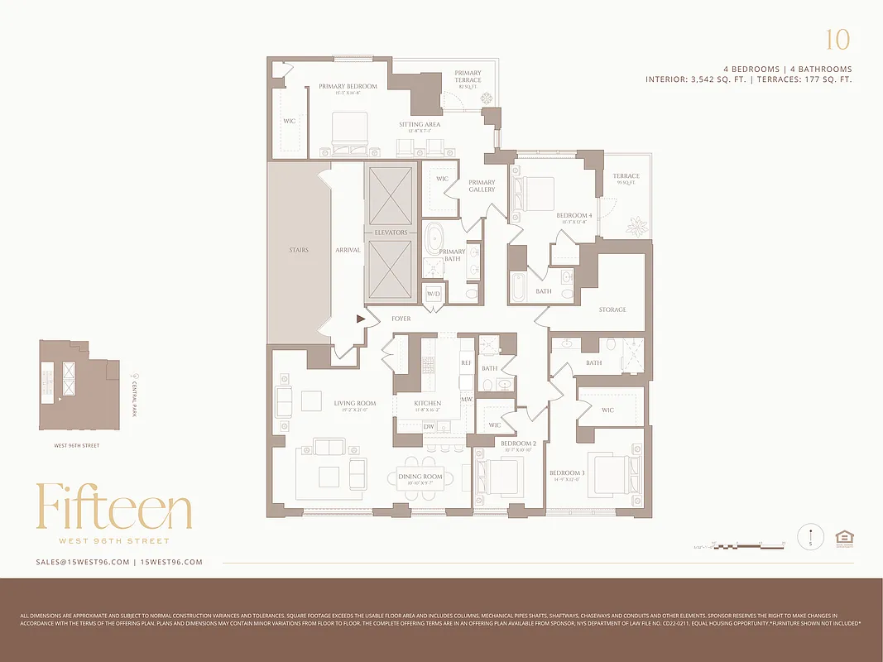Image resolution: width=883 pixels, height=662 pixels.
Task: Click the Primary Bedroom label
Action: tap(348, 86)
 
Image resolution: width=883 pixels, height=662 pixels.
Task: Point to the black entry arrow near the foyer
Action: tap(361, 318)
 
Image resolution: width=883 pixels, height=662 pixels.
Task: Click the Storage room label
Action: tap(612, 309)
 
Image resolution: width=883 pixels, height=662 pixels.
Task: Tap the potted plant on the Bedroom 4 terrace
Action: tap(637, 224)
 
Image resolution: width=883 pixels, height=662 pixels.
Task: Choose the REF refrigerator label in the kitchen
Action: tap(465, 363)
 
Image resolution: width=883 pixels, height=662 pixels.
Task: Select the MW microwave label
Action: tap(466, 399)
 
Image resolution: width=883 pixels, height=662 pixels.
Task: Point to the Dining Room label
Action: tap(420, 477)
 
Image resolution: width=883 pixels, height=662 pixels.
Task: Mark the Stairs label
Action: tap(299, 250)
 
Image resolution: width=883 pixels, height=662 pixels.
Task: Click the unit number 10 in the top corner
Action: tap(837, 40)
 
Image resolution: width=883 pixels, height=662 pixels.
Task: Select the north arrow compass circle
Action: tap(811, 537)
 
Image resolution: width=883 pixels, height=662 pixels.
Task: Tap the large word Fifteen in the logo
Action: tap(114, 507)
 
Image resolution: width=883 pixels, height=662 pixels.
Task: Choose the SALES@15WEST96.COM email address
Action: tap(83, 562)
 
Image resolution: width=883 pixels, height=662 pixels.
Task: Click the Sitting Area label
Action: tap(420, 125)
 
